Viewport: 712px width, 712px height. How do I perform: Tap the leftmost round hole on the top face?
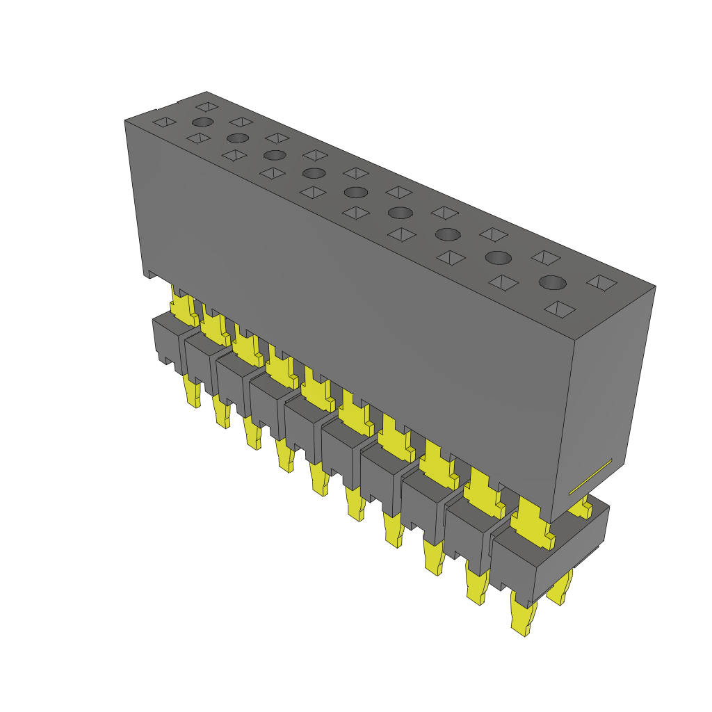point(202,122)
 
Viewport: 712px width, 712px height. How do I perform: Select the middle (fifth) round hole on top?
point(355,192)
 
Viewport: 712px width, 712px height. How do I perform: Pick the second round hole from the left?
point(238,138)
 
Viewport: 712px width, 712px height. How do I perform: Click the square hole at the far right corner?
point(601,282)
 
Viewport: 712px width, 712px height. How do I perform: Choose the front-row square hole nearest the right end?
point(560,309)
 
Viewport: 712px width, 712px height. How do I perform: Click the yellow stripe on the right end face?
point(590,477)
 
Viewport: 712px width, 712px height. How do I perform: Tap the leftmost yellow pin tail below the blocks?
point(193,392)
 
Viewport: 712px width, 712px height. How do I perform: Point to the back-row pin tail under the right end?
point(560,588)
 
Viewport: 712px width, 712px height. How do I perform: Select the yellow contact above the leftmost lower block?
point(183,309)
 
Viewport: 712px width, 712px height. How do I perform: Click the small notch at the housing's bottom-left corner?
point(148,274)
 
